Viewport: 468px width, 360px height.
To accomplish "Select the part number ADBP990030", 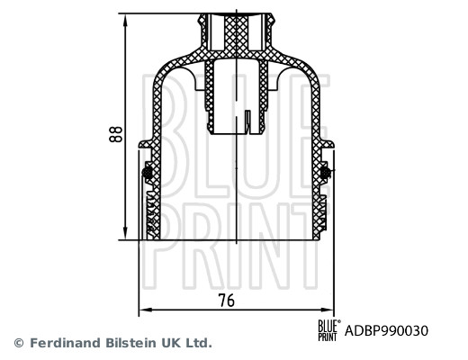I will [x=388, y=330].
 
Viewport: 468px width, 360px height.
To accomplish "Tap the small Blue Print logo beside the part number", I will [x=329, y=329].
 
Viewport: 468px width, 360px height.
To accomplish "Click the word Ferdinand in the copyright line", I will [x=63, y=343].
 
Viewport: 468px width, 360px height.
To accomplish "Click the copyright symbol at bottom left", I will [x=18, y=343].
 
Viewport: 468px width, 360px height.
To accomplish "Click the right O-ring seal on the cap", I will [x=327, y=172].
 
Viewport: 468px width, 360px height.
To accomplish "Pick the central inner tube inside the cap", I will [x=237, y=94].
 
